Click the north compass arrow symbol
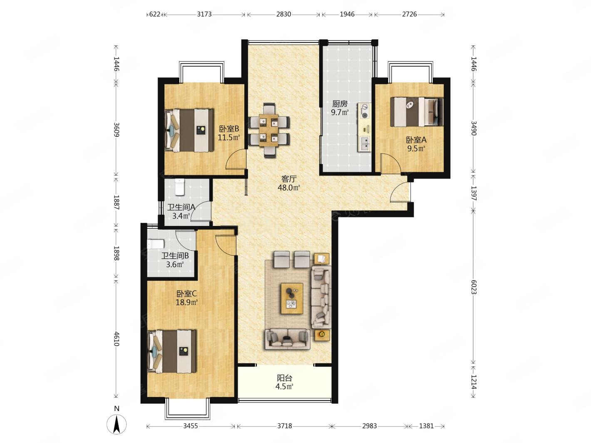pos(117,424)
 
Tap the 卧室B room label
pos(229,129)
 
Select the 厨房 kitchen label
pos(340,104)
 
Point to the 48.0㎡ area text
pos(289,188)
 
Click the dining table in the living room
pos(269,130)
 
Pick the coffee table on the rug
pos(292,298)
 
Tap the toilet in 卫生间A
pos(179,187)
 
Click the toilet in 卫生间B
pos(155,244)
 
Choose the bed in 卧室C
pos(172,351)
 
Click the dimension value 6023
pos(474,287)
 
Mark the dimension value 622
pos(154,14)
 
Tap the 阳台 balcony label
pos(285,378)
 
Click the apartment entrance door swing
pos(400,191)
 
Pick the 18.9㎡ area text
pos(186,302)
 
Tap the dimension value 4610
pos(116,339)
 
